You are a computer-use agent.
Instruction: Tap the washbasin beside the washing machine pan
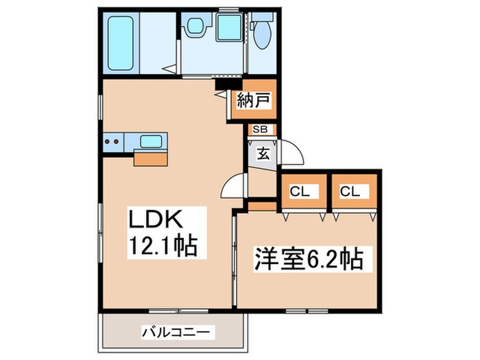(193, 28)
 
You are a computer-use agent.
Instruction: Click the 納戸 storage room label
(253, 101)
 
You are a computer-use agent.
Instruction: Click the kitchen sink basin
(151, 141)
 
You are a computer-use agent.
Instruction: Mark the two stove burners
(112, 142)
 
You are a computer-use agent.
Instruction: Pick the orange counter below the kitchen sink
(150, 158)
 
